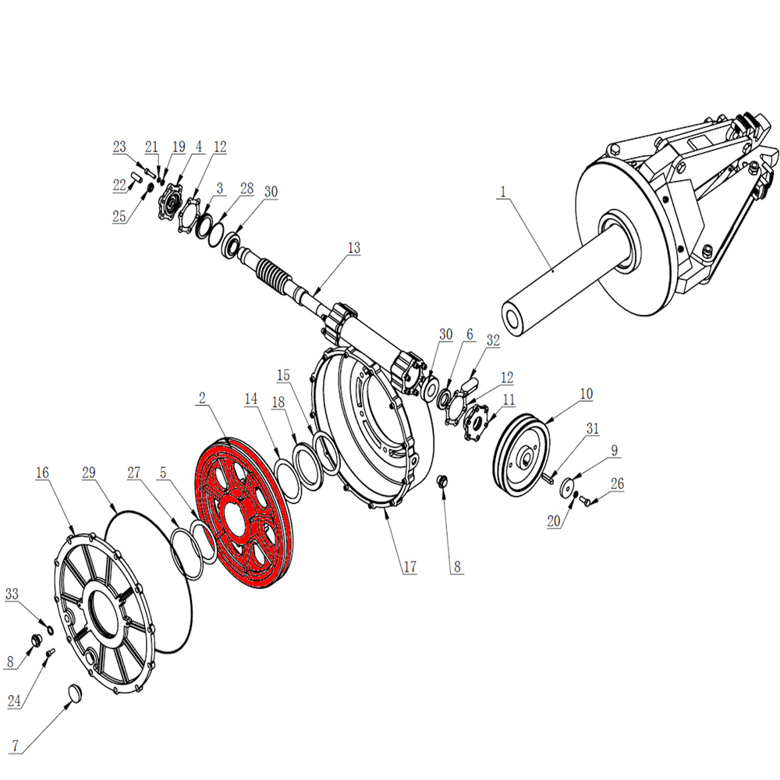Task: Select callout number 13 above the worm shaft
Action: point(353,248)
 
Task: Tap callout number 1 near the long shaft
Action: point(503,192)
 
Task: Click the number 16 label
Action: point(42,473)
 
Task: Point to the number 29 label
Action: point(89,473)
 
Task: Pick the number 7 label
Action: point(16,745)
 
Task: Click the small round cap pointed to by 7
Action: point(75,693)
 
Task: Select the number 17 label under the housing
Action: point(409,566)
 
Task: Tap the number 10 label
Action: point(587,393)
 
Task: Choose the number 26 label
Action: point(617,484)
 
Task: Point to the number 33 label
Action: point(12,594)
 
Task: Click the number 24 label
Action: point(14,701)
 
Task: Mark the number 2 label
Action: point(202,398)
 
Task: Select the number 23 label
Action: point(119,147)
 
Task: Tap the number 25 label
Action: point(119,216)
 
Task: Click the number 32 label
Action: point(493,340)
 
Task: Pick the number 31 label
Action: point(593,428)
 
